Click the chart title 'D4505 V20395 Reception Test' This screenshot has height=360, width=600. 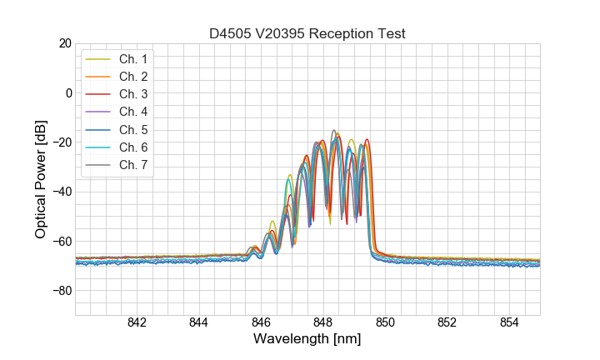coord(307,33)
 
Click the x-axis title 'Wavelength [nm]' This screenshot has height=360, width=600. coord(307,340)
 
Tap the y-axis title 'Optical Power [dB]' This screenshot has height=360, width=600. coord(41,178)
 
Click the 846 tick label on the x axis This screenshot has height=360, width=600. coord(261,322)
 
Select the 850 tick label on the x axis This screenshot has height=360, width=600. coord(385,322)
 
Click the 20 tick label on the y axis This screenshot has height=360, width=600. coord(62,42)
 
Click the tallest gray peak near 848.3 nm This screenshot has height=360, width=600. coord(334,131)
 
